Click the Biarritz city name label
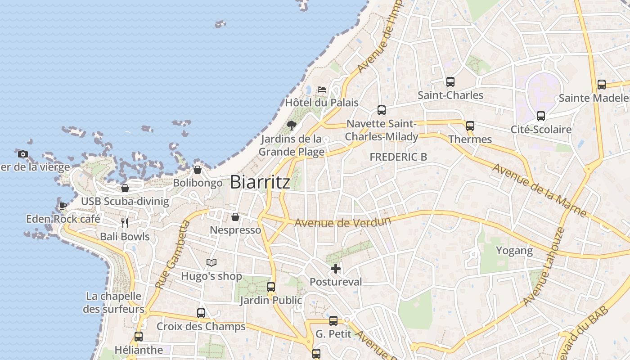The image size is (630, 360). click(260, 182)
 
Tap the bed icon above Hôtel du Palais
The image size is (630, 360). click(322, 89)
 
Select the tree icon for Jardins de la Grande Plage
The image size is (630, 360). click(292, 125)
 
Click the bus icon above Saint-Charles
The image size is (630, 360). click(450, 82)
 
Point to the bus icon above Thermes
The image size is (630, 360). click(470, 126)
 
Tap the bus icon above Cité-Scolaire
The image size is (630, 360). click(541, 116)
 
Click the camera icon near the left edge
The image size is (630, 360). click(23, 154)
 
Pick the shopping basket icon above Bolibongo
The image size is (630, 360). click(197, 170)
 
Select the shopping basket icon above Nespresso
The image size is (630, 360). click(235, 217)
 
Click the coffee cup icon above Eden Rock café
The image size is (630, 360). click(63, 206)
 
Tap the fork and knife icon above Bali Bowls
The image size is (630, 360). click(125, 223)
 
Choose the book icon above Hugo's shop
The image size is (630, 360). click(211, 262)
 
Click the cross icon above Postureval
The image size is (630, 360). click(336, 269)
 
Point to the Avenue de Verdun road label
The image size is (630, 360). click(342, 222)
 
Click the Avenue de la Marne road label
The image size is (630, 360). click(539, 190)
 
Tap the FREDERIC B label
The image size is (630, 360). click(398, 157)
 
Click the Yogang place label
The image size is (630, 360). click(514, 250)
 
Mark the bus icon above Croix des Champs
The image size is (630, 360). click(201, 313)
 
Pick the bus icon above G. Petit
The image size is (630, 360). click(333, 321)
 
